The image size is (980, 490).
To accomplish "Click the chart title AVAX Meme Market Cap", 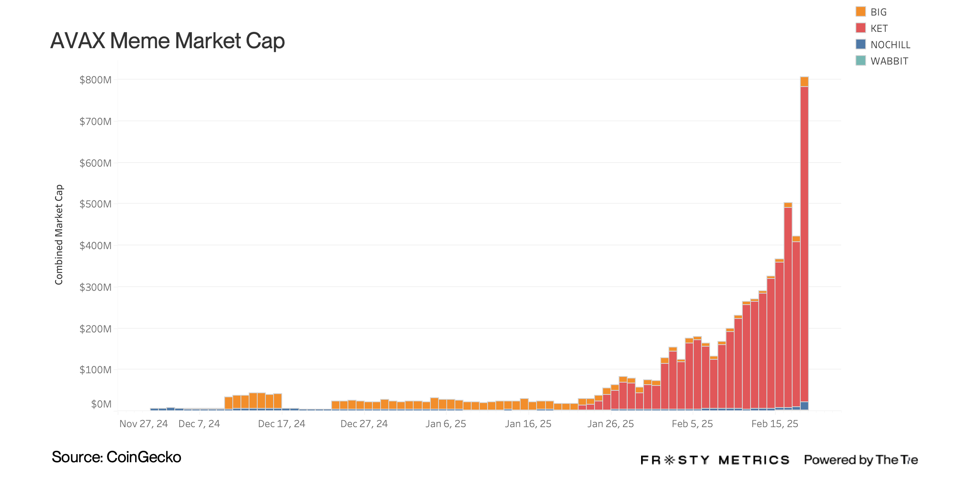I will [167, 41].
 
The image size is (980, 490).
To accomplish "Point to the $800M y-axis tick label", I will [95, 80].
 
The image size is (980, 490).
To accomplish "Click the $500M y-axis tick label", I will [95, 204].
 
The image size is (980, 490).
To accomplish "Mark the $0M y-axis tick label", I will [101, 404].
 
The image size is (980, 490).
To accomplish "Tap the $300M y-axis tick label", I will [95, 287].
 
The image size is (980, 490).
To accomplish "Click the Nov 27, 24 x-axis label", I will [143, 424].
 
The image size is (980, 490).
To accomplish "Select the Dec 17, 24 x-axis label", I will [281, 424].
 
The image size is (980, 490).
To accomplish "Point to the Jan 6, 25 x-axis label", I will [445, 424].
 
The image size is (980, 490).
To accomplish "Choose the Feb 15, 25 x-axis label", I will [775, 424].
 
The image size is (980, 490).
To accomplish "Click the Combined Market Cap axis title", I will [59, 234].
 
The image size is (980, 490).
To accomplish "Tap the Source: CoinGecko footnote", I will [116, 457].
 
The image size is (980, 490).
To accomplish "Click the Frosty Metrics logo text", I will [715, 460].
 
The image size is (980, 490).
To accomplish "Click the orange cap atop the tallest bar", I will [804, 82].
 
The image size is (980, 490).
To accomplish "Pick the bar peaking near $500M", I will [788, 306].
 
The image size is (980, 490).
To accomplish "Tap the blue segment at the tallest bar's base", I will [804, 406].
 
